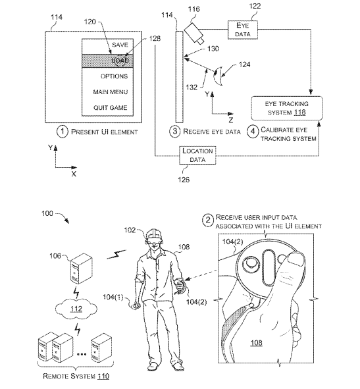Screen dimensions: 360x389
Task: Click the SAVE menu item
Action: pos(120,45)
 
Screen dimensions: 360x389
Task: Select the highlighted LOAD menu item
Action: pos(108,61)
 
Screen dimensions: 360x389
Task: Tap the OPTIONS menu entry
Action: pos(114,76)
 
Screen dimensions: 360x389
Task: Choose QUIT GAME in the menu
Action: pos(111,108)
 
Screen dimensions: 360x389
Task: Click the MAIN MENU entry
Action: pos(111,92)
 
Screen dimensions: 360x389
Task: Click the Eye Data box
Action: pos(243,30)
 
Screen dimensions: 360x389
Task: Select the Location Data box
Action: pos(197,155)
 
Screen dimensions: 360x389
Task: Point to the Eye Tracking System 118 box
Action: pos(287,108)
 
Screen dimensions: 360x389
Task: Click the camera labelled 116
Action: pos(194,34)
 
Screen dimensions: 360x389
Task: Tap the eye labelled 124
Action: pos(219,76)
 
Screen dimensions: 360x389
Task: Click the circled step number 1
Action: pos(63,132)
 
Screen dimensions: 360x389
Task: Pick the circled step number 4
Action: pos(253,131)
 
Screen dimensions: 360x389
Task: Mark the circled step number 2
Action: pos(208,220)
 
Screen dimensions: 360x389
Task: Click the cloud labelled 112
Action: pos(76,309)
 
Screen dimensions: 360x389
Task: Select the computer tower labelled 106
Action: pos(82,269)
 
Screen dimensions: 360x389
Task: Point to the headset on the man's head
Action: pos(154,239)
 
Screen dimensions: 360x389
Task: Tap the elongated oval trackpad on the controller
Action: pos(269,268)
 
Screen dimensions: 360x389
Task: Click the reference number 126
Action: pos(184,180)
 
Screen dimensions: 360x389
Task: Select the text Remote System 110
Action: pos(76,376)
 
